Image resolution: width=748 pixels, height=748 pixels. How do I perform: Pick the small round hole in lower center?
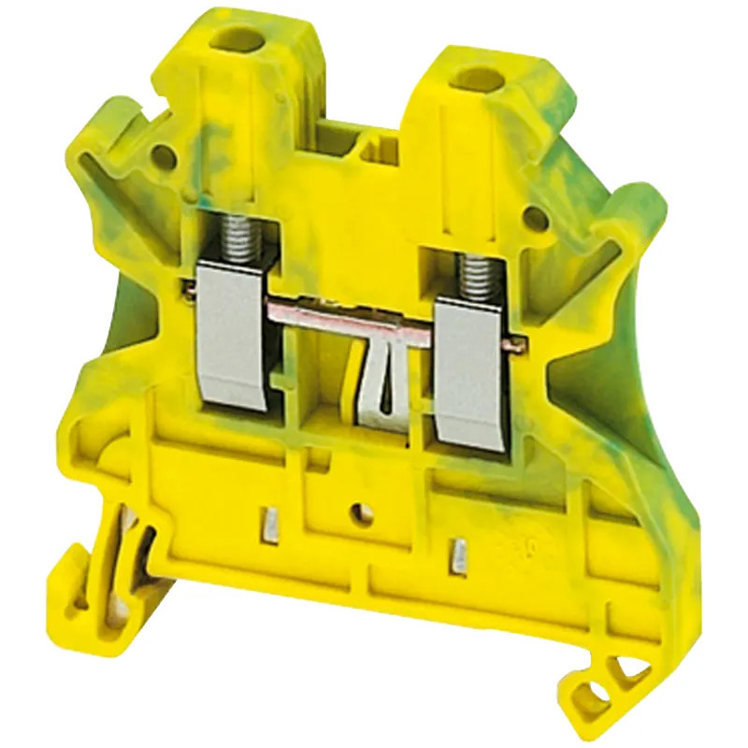356,511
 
